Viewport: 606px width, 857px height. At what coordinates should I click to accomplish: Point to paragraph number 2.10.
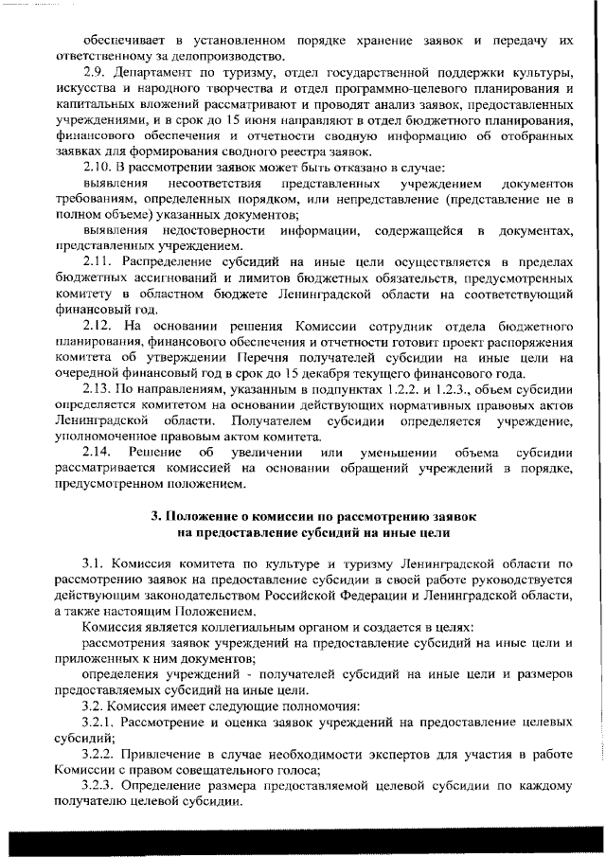[96, 170]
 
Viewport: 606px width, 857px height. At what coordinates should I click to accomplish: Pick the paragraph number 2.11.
[96, 266]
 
